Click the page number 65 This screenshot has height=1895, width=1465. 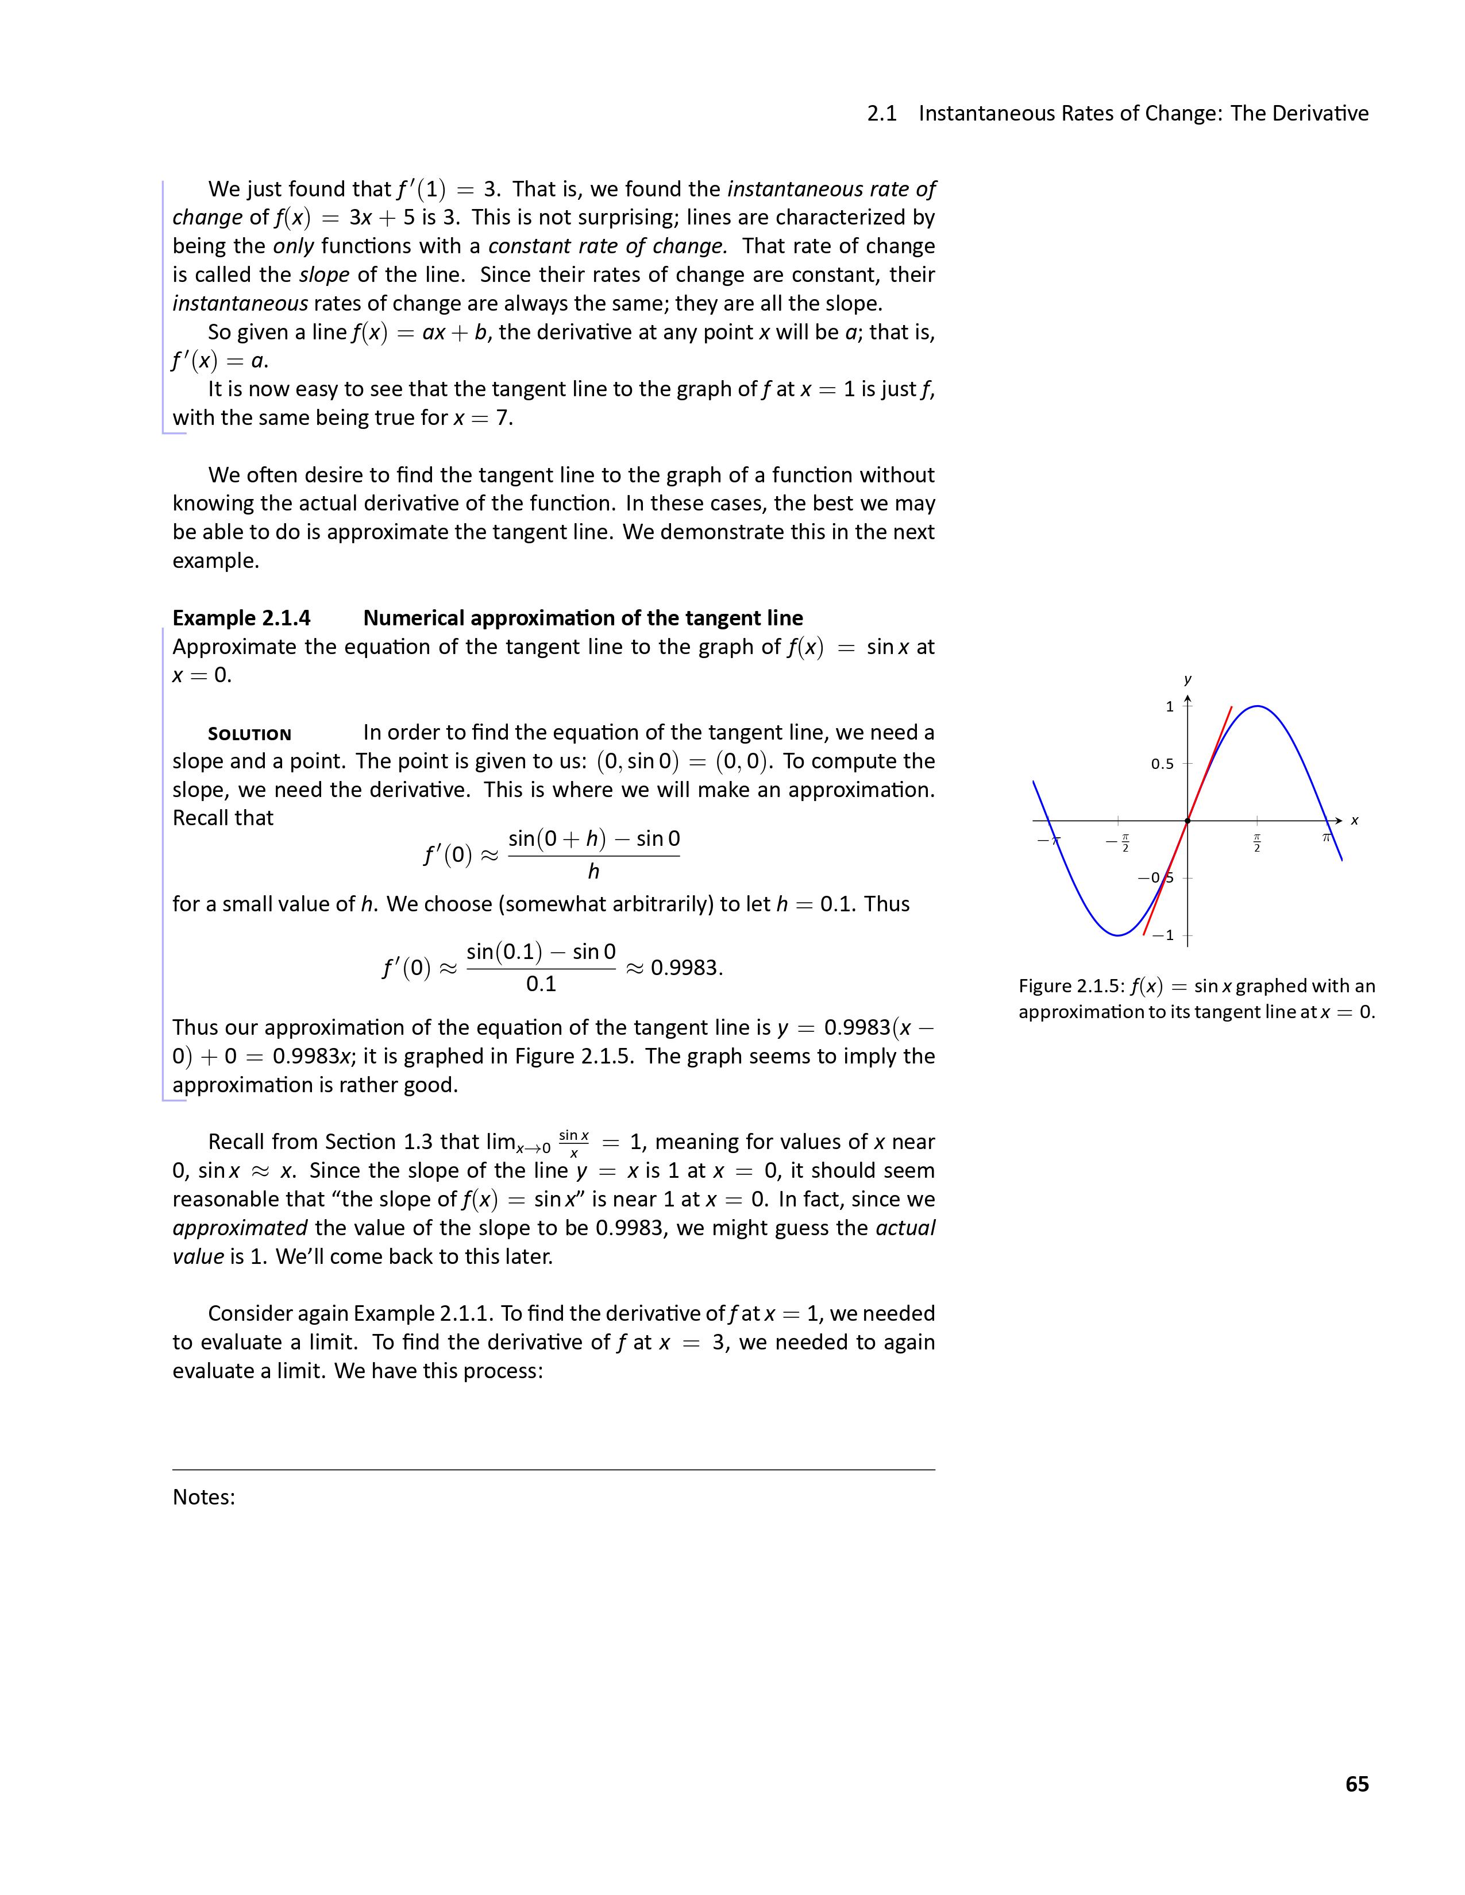pyautogui.click(x=1356, y=1784)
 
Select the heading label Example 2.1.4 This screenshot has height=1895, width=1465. pyautogui.click(x=241, y=618)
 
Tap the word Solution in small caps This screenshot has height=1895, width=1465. pyautogui.click(x=249, y=734)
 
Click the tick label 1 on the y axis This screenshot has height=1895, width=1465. pyautogui.click(x=1169, y=706)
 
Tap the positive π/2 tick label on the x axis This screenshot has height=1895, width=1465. pyautogui.click(x=1256, y=842)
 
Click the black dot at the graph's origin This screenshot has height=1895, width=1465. pyautogui.click(x=1188, y=821)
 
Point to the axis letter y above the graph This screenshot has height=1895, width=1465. pyautogui.click(x=1188, y=679)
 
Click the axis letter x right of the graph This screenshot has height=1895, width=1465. pyautogui.click(x=1354, y=821)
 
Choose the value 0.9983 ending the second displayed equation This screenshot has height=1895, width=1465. pyautogui.click(x=685, y=968)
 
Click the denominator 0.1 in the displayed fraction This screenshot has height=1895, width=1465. pyautogui.click(x=541, y=984)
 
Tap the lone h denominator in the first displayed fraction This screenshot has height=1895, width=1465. pyautogui.click(x=593, y=871)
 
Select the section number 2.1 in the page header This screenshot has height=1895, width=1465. pyautogui.click(x=882, y=114)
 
